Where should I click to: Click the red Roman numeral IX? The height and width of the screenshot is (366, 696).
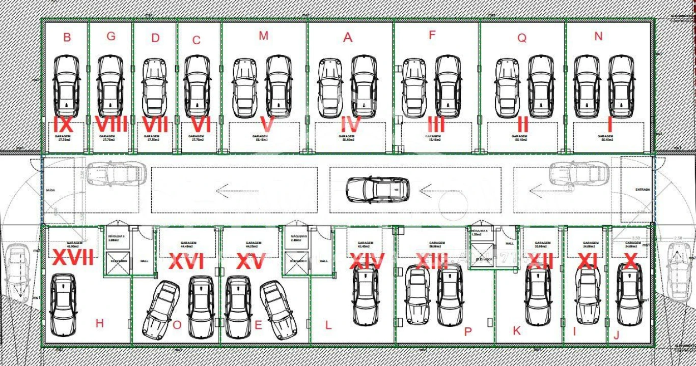coord(63,125)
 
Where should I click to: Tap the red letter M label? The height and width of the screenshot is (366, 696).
coord(263,36)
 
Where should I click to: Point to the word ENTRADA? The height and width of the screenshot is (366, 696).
coord(642,190)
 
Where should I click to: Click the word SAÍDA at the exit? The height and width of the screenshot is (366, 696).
coord(50,190)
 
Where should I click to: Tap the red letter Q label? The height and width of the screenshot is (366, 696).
coord(522,38)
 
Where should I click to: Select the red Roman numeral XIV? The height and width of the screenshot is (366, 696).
coord(367,261)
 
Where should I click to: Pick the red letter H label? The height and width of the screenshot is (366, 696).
coord(99,323)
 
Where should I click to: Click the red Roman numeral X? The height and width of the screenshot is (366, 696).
coord(630,261)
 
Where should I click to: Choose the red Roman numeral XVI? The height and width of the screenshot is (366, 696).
coord(186,261)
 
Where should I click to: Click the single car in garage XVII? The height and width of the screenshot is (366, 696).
coord(64,304)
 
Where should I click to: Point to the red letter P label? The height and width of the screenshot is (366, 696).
coord(468,332)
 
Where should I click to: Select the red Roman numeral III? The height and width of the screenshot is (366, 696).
coord(436,125)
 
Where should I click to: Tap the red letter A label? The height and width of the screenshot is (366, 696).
coord(348,38)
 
